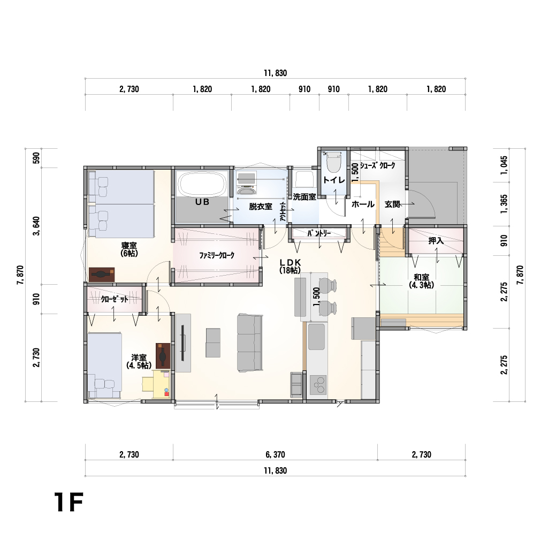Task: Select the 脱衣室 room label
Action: coord(261,207)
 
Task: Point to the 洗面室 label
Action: coord(305,197)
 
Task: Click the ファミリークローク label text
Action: coord(217,255)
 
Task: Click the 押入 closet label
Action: coord(436,240)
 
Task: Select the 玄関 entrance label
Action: coord(392,204)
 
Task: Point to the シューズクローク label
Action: coord(377,166)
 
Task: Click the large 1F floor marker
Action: coord(68,502)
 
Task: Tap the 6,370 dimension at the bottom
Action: coord(276,455)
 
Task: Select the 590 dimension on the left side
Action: coord(36,158)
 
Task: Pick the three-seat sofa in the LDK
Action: coord(250,342)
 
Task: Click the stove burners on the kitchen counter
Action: coord(318,385)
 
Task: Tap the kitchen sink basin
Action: coord(316,337)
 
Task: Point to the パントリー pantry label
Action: coord(319,233)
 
